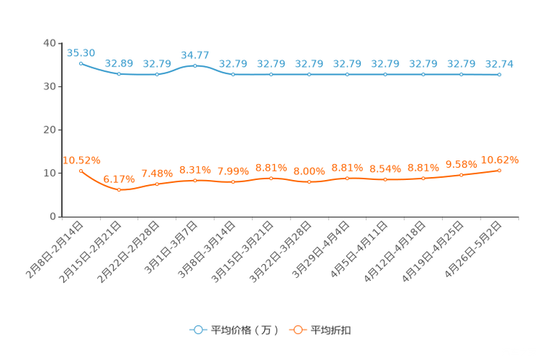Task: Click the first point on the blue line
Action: pos(81,63)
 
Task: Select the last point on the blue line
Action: pos(499,74)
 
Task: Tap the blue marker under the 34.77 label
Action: pos(195,66)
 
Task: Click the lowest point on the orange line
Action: pos(119,190)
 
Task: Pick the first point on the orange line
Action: pos(81,170)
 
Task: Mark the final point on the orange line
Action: pos(499,170)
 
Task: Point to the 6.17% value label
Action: pos(119,178)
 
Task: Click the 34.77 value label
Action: pos(195,54)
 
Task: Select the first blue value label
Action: pos(81,52)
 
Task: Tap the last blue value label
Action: pos(499,64)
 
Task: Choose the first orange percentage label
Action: pos(81,159)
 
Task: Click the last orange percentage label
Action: pos(500,159)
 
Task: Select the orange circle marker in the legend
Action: pos(297,330)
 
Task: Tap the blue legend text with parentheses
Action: pos(245,330)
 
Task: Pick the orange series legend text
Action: pos(332,330)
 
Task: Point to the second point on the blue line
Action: pos(119,74)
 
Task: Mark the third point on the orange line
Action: pos(157,184)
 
